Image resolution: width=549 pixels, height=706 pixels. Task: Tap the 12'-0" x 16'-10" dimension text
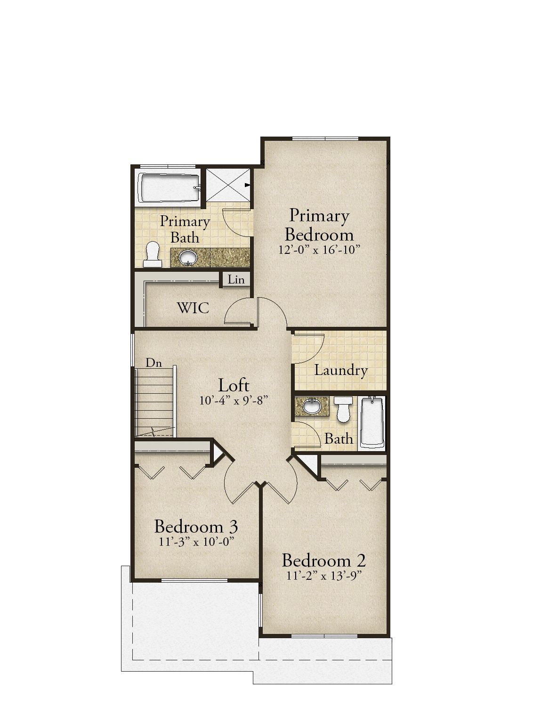pos(320,250)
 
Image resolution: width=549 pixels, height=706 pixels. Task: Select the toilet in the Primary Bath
pos(152,254)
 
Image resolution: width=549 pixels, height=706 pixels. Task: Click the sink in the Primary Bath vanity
pos(189,258)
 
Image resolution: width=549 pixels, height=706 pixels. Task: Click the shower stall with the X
pos(228,185)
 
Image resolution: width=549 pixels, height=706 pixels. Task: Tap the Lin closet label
pos(236,279)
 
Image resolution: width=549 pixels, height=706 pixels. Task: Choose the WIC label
pos(193,308)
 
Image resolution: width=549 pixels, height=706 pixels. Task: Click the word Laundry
pos(340,371)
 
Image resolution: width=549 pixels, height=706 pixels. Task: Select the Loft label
pos(234,385)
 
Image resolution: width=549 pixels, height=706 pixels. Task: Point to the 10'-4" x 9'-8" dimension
pos(234,401)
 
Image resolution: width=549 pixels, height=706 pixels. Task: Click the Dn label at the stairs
pos(153,363)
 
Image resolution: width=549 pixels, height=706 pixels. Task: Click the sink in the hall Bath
pos(312,406)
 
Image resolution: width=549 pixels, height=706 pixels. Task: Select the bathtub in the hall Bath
pos(372,422)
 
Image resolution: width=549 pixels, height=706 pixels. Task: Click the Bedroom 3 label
pos(196,527)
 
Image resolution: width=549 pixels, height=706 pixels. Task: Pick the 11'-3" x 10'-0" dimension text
pos(196,542)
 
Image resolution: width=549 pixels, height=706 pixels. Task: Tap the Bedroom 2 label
pos(323,560)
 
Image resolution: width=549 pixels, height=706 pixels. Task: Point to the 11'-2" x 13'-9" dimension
pos(323,576)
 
